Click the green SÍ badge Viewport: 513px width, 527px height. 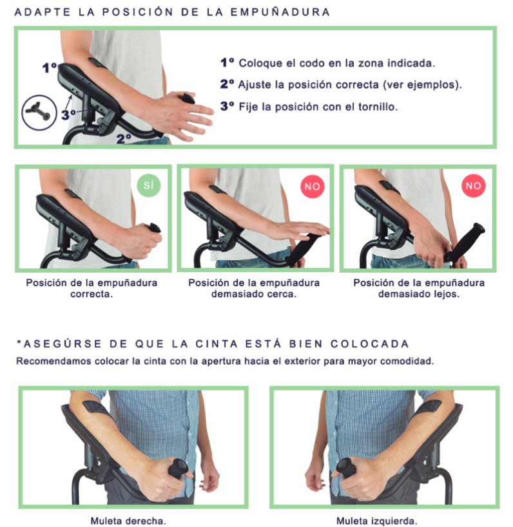click(149, 185)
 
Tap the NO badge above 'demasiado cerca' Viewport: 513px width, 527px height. click(312, 186)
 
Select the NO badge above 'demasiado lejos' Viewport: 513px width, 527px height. click(473, 185)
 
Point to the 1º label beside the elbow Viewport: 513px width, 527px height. click(50, 68)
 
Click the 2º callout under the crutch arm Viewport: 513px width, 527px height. click(124, 139)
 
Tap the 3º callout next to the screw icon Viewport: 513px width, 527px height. click(68, 115)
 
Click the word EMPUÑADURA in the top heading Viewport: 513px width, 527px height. click(280, 12)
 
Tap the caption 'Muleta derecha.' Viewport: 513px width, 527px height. click(129, 521)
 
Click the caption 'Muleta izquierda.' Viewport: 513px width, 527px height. click(377, 521)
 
